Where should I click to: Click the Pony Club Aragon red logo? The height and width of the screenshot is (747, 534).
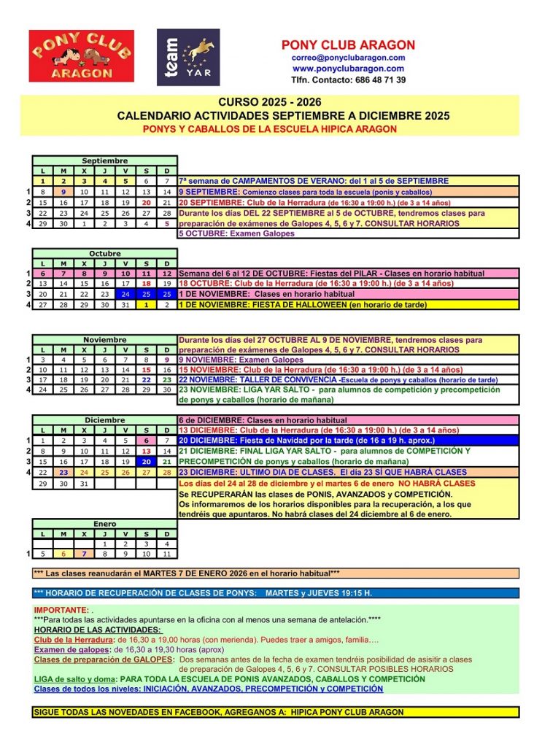pyautogui.click(x=81, y=56)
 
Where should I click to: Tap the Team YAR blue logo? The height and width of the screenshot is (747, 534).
pyautogui.click(x=187, y=58)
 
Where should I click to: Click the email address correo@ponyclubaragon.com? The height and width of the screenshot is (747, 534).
pyautogui.click(x=348, y=58)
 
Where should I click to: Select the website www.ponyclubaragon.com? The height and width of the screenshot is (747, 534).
pyautogui.click(x=348, y=69)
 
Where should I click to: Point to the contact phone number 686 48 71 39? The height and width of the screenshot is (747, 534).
pyautogui.click(x=348, y=80)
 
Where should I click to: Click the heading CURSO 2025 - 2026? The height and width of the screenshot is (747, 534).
pyautogui.click(x=269, y=102)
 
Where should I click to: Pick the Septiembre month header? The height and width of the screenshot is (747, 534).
pyautogui.click(x=104, y=160)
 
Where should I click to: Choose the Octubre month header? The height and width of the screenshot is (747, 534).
pyautogui.click(x=104, y=254)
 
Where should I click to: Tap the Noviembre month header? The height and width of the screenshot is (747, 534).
pyautogui.click(x=104, y=340)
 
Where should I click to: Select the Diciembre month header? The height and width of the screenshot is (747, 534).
pyautogui.click(x=104, y=420)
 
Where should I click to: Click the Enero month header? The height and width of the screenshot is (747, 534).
pyautogui.click(x=104, y=524)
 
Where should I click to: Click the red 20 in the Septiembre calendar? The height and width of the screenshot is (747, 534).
pyautogui.click(x=146, y=203)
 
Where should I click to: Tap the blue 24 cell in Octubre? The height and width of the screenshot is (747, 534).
pyautogui.click(x=125, y=294)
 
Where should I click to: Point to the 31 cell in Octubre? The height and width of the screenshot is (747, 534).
pyautogui.click(x=125, y=304)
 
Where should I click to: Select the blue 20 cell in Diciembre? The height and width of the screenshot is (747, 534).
pyautogui.click(x=146, y=462)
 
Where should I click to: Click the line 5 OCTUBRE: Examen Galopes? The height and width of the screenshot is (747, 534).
pyautogui.click(x=236, y=234)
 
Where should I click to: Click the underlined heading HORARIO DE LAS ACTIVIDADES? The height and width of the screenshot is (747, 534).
pyautogui.click(x=98, y=630)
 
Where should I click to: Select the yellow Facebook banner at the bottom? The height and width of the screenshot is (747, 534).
pyautogui.click(x=276, y=712)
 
